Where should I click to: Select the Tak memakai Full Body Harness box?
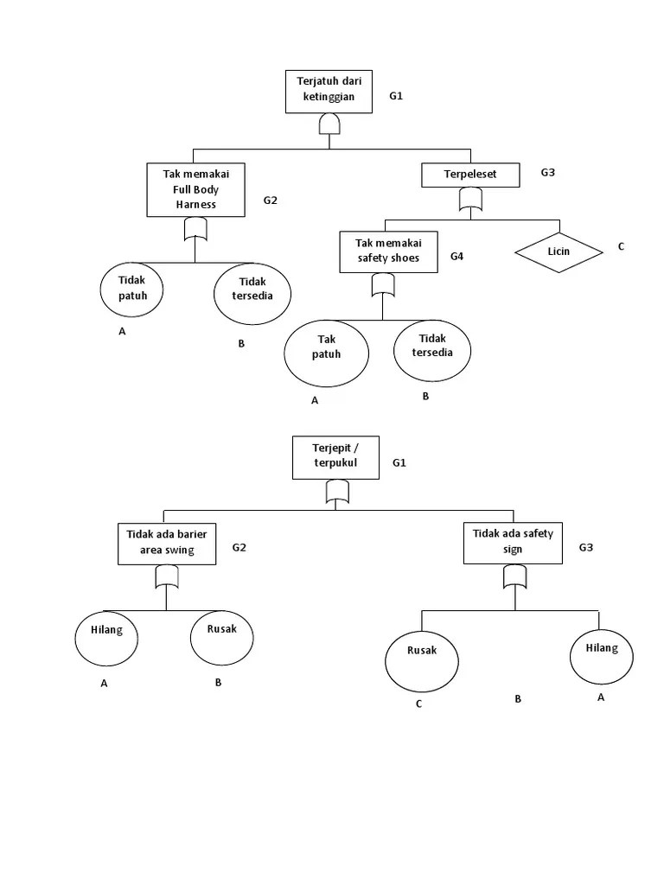coord(195,189)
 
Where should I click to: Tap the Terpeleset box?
coord(470,175)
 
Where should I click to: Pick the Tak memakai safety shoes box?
coord(388,251)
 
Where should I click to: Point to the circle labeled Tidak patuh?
coord(133,289)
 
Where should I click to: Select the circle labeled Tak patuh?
coord(327,353)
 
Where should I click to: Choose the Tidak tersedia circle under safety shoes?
coord(432,350)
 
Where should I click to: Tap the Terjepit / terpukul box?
coord(335,456)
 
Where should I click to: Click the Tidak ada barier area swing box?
coord(167,544)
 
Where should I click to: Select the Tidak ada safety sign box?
coord(513,542)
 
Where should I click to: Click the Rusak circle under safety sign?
coord(422,661)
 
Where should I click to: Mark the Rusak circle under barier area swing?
coord(222,638)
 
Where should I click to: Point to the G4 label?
coord(457,257)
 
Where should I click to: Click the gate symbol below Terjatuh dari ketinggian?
coord(329,127)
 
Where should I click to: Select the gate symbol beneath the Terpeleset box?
coord(470,201)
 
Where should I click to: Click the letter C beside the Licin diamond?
coord(620,247)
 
